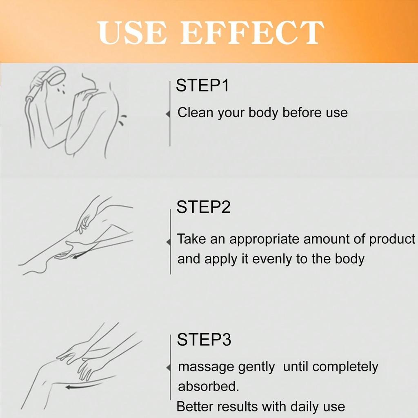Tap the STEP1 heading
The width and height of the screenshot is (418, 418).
coord(202,86)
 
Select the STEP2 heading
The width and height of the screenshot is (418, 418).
coord(203,207)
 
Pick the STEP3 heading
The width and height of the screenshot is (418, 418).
coord(204,340)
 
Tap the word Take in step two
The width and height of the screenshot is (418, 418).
coord(192,239)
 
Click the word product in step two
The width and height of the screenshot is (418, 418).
coord(392,240)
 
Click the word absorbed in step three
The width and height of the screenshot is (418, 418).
coord(208,387)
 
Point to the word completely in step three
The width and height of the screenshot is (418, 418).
coord(345,367)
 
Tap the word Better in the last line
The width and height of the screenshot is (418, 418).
coord(195,407)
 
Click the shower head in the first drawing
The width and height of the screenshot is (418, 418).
coord(53,77)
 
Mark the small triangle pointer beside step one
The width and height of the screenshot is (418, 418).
coord(168,115)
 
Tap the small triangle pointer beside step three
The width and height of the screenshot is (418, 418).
coord(168,368)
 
